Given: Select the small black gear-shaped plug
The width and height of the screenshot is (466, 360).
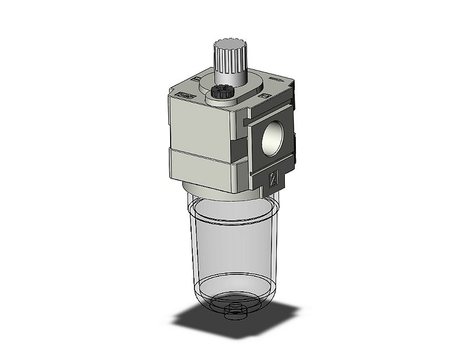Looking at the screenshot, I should coord(219,92).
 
